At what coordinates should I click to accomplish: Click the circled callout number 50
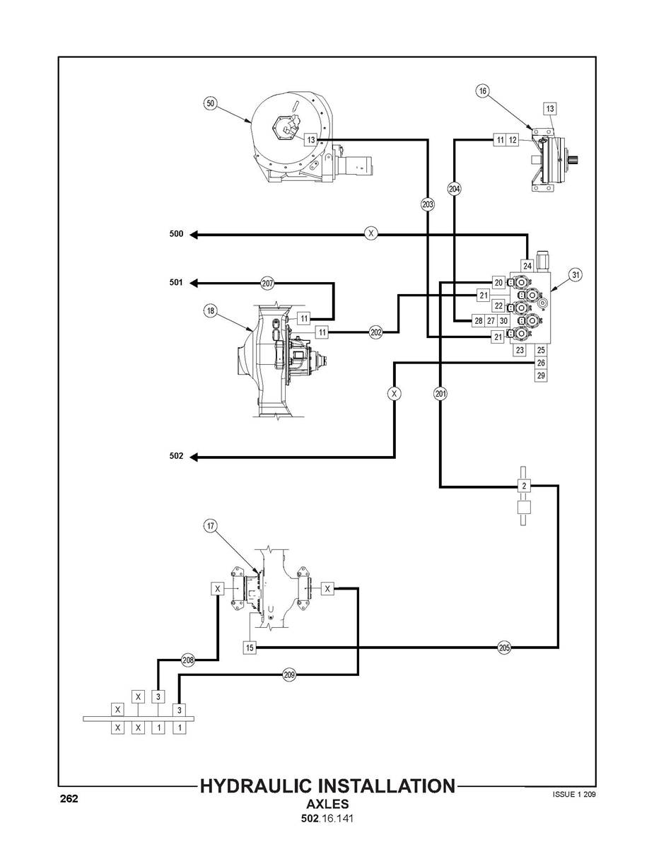(x=210, y=103)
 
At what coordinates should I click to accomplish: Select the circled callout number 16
(x=483, y=90)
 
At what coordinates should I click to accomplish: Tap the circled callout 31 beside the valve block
(x=576, y=275)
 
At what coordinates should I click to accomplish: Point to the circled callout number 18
(x=211, y=310)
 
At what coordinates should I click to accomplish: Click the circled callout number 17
(x=210, y=525)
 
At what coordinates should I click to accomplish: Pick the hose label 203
(x=427, y=204)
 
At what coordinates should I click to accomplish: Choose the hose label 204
(x=454, y=189)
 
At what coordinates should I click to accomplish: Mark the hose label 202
(x=375, y=332)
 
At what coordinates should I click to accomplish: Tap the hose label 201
(x=440, y=394)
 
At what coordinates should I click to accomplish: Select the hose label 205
(x=504, y=647)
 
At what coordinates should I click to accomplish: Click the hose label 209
(x=288, y=675)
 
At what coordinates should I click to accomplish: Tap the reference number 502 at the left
(x=176, y=457)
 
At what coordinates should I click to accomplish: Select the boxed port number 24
(x=527, y=266)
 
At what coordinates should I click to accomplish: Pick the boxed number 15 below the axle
(x=249, y=647)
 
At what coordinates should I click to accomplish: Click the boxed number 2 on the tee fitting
(x=524, y=486)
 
